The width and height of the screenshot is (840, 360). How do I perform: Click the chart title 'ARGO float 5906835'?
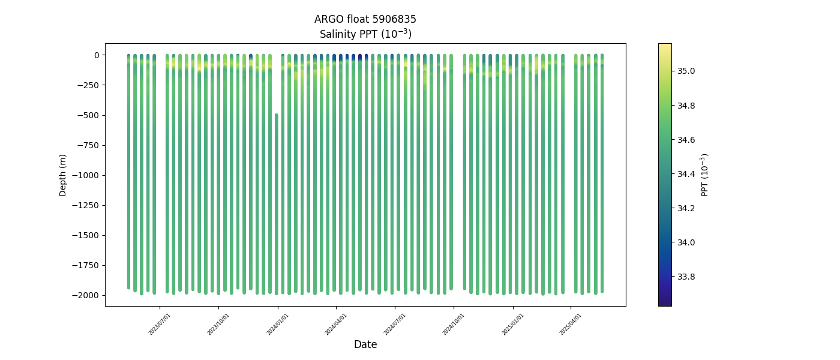(x=365, y=19)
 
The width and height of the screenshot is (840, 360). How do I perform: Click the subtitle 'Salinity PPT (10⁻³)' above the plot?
(x=365, y=34)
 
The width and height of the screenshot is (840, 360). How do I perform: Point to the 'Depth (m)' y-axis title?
(x=63, y=175)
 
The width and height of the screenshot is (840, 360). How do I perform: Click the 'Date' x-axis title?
(x=365, y=344)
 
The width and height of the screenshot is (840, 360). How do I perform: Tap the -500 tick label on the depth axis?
(x=88, y=115)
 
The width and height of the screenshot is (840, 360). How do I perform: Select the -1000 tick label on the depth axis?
(x=86, y=175)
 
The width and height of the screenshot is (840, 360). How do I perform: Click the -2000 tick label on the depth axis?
(x=86, y=295)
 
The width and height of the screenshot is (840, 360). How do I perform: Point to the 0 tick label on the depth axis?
(x=96, y=55)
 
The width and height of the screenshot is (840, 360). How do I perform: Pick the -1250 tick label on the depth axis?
(x=86, y=205)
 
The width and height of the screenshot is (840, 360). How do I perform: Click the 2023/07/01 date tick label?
(x=160, y=323)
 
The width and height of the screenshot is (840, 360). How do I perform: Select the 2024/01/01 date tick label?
(x=278, y=323)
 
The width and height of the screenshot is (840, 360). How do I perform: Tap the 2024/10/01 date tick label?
(x=454, y=323)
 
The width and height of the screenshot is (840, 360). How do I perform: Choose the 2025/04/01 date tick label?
(x=571, y=323)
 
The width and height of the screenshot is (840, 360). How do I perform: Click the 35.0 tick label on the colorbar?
(x=686, y=71)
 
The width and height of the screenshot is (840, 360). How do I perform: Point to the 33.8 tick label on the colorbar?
(x=686, y=277)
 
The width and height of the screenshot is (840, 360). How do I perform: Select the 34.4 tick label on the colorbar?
(x=686, y=174)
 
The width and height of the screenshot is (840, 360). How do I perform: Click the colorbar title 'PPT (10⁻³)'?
(x=705, y=175)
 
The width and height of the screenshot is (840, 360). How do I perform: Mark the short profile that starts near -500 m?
(x=276, y=204)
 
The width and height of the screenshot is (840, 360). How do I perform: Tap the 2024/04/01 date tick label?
(x=336, y=323)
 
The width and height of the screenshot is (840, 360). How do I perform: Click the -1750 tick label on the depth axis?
(x=86, y=265)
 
